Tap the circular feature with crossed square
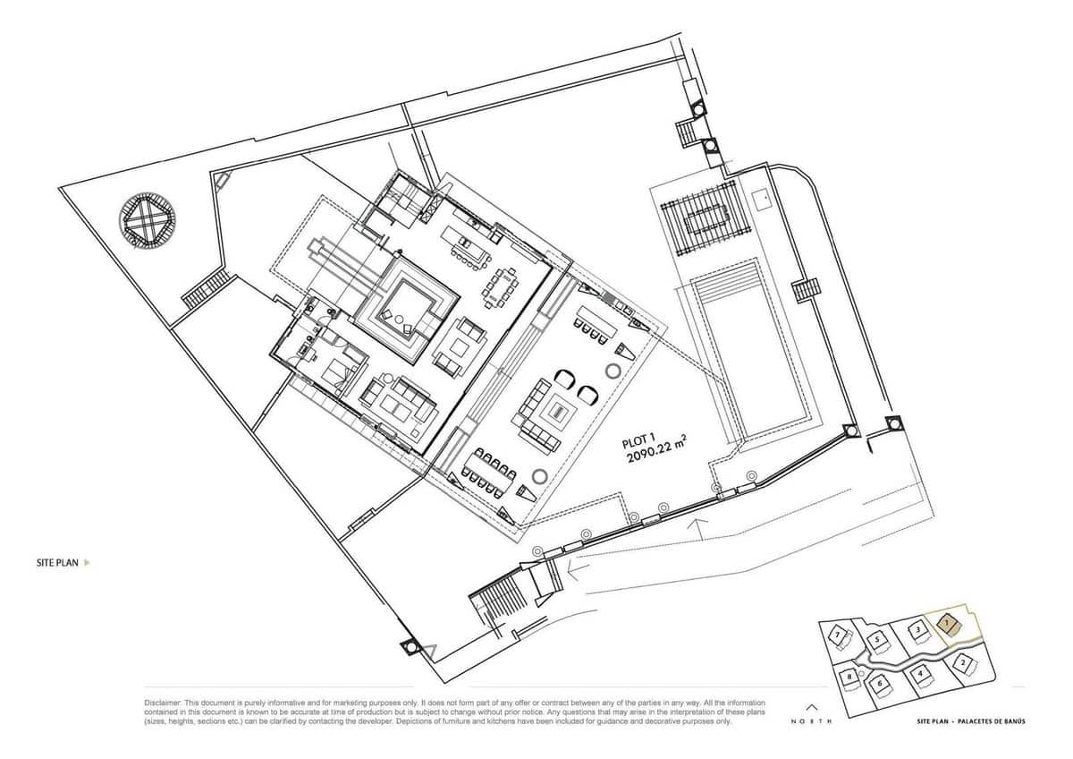coord(147,220)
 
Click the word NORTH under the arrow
coord(812,721)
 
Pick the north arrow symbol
coord(812,705)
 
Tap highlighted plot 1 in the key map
coord(949,624)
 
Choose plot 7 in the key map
coord(838,635)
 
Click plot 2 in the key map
coord(961,663)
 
